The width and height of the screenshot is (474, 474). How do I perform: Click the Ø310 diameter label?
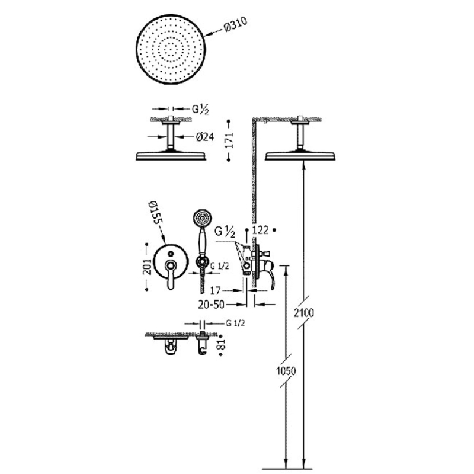click(236, 25)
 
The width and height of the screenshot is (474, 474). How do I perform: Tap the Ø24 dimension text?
click(204, 137)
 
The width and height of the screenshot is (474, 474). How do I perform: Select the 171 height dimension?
click(230, 140)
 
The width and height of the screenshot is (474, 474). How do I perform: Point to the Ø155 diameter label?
click(155, 212)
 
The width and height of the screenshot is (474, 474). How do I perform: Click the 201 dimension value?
click(147, 267)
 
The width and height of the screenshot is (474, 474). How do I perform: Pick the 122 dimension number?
click(260, 230)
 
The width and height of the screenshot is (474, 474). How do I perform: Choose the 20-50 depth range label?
click(212, 305)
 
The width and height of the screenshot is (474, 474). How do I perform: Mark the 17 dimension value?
click(215, 291)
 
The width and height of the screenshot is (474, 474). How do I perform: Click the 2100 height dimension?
click(304, 313)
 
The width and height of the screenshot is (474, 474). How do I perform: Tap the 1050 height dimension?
click(286, 371)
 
